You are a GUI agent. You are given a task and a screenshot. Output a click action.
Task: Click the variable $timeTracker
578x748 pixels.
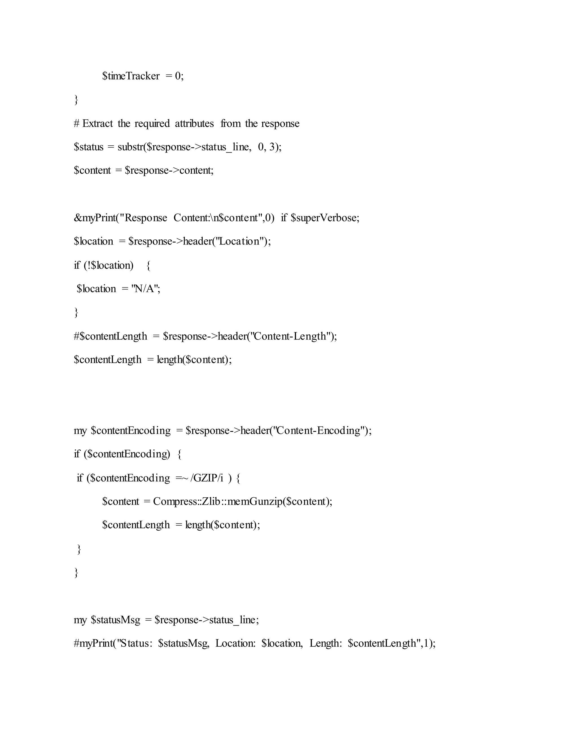coord(131,76)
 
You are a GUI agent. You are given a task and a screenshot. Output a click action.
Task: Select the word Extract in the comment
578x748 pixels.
coord(98,123)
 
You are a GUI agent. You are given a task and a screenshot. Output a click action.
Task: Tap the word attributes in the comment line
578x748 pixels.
coord(194,123)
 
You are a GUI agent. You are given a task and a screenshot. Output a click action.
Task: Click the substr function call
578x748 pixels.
coord(130,147)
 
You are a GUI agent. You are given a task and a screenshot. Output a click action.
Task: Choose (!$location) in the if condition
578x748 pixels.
coord(109,265)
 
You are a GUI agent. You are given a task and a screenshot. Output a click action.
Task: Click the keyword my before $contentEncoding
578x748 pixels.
coord(80,430)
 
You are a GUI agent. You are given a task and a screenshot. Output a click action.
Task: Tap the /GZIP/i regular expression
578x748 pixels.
coord(207,478)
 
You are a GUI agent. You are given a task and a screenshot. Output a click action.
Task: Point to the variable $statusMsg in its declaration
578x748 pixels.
coord(115,620)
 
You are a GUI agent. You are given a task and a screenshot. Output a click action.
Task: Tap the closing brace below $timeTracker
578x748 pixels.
coord(76,100)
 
